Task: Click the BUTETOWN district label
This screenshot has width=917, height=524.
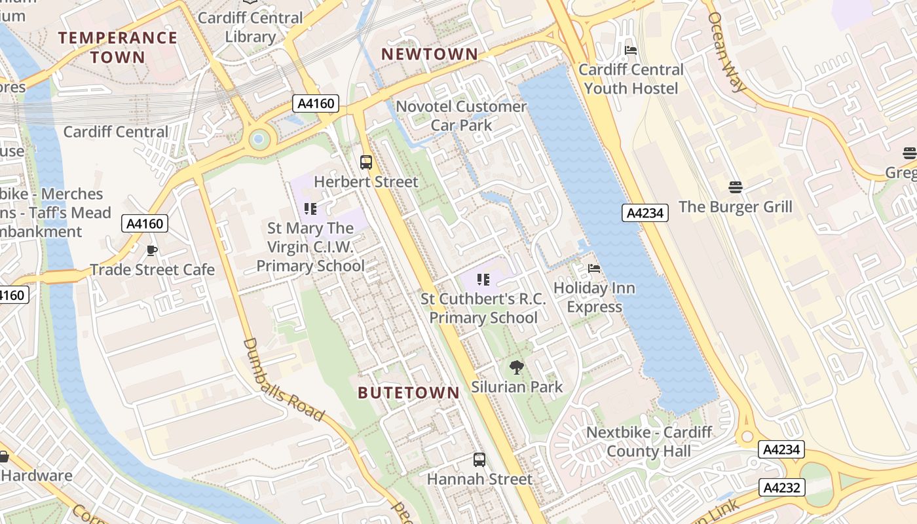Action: click(x=409, y=393)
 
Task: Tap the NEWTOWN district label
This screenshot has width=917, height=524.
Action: click(x=430, y=54)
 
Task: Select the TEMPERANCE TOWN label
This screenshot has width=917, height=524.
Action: click(x=118, y=47)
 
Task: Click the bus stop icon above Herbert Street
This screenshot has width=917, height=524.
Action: click(x=366, y=162)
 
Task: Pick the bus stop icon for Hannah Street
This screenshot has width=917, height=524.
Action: click(x=479, y=460)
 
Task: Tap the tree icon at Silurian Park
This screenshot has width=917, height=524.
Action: click(x=517, y=367)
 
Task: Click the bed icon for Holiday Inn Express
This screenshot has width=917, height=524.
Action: click(x=594, y=268)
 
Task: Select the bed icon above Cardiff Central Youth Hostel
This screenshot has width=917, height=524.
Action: click(x=631, y=50)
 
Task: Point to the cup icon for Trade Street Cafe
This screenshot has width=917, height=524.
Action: click(x=152, y=250)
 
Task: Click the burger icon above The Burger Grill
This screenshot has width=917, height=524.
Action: click(x=735, y=187)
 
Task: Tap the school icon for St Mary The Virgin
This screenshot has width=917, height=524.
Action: click(x=310, y=209)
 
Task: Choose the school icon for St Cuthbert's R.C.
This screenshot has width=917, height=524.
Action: click(x=483, y=280)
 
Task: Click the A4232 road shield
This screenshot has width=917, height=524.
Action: click(x=781, y=487)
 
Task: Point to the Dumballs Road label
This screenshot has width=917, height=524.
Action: click(x=283, y=380)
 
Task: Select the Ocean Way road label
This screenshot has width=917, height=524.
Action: click(x=726, y=52)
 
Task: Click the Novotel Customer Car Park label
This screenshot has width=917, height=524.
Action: click(x=461, y=115)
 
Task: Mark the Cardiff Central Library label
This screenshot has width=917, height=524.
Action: click(x=250, y=27)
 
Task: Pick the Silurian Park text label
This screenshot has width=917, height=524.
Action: click(x=517, y=386)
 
